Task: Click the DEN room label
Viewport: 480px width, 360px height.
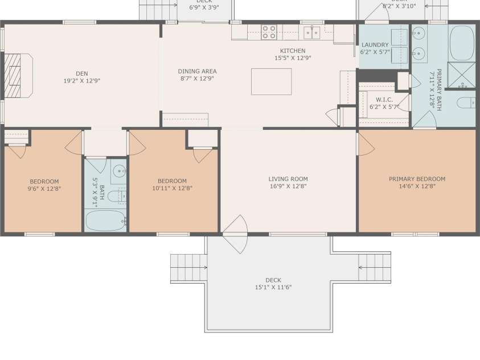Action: coord(81,73)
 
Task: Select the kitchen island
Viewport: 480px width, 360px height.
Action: coord(272,81)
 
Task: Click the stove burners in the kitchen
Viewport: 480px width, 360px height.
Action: coord(269,32)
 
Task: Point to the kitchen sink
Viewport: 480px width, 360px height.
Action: coord(311,32)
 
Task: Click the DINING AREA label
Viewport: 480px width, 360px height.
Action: coord(197,71)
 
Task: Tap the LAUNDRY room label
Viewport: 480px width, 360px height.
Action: coord(375,45)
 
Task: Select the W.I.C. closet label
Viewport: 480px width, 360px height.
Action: coord(384,100)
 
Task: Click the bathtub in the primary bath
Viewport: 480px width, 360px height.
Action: coord(462,43)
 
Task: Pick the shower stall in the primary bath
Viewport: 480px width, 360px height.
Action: coord(461,75)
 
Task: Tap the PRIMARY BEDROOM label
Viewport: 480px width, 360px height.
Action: coord(417,179)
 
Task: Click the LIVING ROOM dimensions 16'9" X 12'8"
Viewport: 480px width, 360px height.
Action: coord(288,186)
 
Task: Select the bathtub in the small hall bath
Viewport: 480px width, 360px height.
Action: coord(105,220)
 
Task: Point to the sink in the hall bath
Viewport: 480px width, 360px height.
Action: coord(119,170)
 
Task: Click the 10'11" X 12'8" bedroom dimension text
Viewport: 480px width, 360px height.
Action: coord(172,188)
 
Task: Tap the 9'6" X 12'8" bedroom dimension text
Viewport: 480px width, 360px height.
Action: coord(44,188)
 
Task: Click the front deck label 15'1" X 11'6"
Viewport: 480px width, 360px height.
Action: coord(273,287)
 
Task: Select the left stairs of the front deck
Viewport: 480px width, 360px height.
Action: coord(188,267)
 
